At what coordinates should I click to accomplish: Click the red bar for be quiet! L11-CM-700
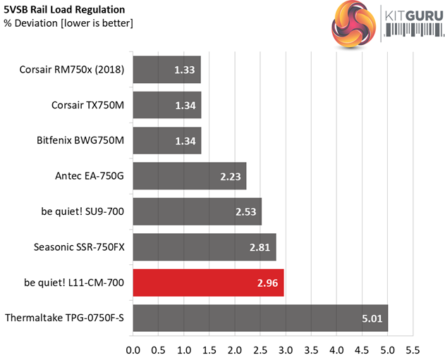pyautogui.click(x=208, y=283)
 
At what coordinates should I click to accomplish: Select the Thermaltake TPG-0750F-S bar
pyautogui.click(x=260, y=318)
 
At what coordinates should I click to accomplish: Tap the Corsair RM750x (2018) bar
pyautogui.click(x=166, y=69)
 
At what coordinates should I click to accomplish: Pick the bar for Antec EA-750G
pyautogui.click(x=189, y=176)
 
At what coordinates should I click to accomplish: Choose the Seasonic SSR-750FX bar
pyautogui.click(x=204, y=247)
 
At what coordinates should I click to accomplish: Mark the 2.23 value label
pyautogui.click(x=228, y=176)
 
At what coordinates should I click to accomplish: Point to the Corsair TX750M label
pyautogui.click(x=87, y=104)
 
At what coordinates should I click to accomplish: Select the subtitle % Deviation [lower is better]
pyautogui.click(x=68, y=23)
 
